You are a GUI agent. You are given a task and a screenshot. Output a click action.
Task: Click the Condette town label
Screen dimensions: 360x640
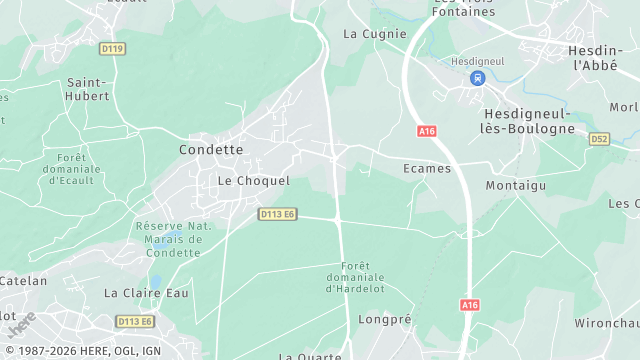pos(211,149)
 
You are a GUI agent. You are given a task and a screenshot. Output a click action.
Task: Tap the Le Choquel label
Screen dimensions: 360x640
pos(254,181)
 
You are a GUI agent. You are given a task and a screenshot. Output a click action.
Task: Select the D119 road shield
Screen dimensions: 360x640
pos(113,48)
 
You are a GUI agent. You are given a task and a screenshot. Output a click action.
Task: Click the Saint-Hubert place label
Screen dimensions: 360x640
pos(88,90)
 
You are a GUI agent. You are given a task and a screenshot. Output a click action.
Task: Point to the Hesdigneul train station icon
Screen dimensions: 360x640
pos(477,78)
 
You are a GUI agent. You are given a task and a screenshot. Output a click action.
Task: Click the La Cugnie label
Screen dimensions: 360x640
pos(375,33)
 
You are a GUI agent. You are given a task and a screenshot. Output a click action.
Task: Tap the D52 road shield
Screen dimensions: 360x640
pos(599,138)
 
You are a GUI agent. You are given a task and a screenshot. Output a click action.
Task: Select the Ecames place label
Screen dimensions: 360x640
pos(427,168)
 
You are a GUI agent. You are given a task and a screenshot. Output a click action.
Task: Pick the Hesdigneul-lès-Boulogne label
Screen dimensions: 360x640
pos(521,121)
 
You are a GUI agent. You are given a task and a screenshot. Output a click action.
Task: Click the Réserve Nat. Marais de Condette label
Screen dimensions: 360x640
pos(173,238)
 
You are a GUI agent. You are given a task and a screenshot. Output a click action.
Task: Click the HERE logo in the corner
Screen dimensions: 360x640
pos(20,326)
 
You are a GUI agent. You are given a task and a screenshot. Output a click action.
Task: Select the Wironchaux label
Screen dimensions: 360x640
pos(606,323)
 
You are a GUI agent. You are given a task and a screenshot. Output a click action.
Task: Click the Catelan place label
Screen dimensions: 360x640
pos(23,281)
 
